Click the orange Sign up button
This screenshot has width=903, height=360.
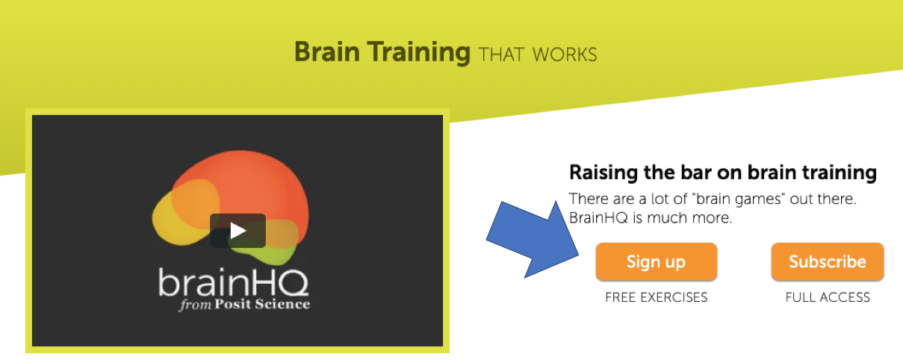point(657,261)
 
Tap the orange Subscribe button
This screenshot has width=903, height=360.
point(828,261)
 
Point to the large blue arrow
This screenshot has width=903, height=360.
point(533,240)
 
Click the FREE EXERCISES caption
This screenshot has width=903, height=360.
point(657,297)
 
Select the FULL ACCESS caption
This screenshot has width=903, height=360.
point(828,297)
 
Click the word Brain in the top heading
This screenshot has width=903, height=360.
point(327,52)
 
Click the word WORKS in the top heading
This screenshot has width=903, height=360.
point(565,55)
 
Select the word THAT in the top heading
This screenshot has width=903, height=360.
point(501,55)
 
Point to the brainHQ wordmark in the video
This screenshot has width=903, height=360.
point(234,282)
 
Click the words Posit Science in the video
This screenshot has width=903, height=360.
point(262,304)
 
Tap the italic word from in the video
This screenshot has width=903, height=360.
point(196,305)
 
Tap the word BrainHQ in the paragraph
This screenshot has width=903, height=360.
point(599,218)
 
